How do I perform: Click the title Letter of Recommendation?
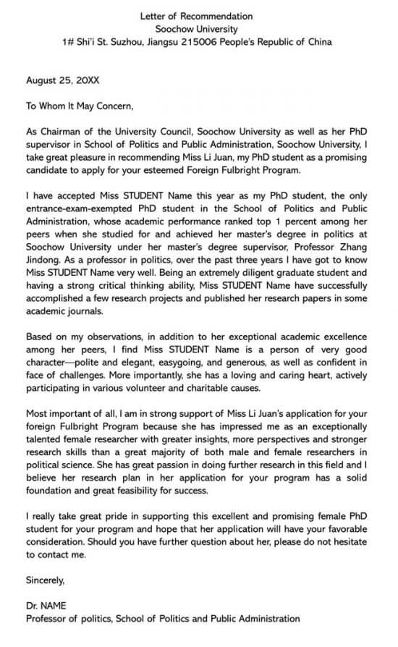coord(198,16)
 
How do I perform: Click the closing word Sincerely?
coord(46,580)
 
